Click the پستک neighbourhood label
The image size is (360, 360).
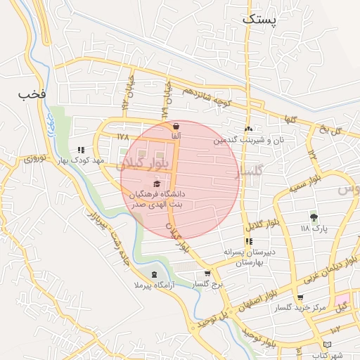click(259, 20)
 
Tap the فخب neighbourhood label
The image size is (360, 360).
click(32, 93)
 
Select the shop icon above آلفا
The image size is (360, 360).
click(175, 125)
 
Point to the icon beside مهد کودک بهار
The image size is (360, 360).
click(81, 149)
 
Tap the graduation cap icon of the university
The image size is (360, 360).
click(156, 184)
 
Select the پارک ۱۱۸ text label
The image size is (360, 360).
click(314, 229)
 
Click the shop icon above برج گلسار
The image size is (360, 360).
click(207, 274)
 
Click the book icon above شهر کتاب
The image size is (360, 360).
click(326, 344)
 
